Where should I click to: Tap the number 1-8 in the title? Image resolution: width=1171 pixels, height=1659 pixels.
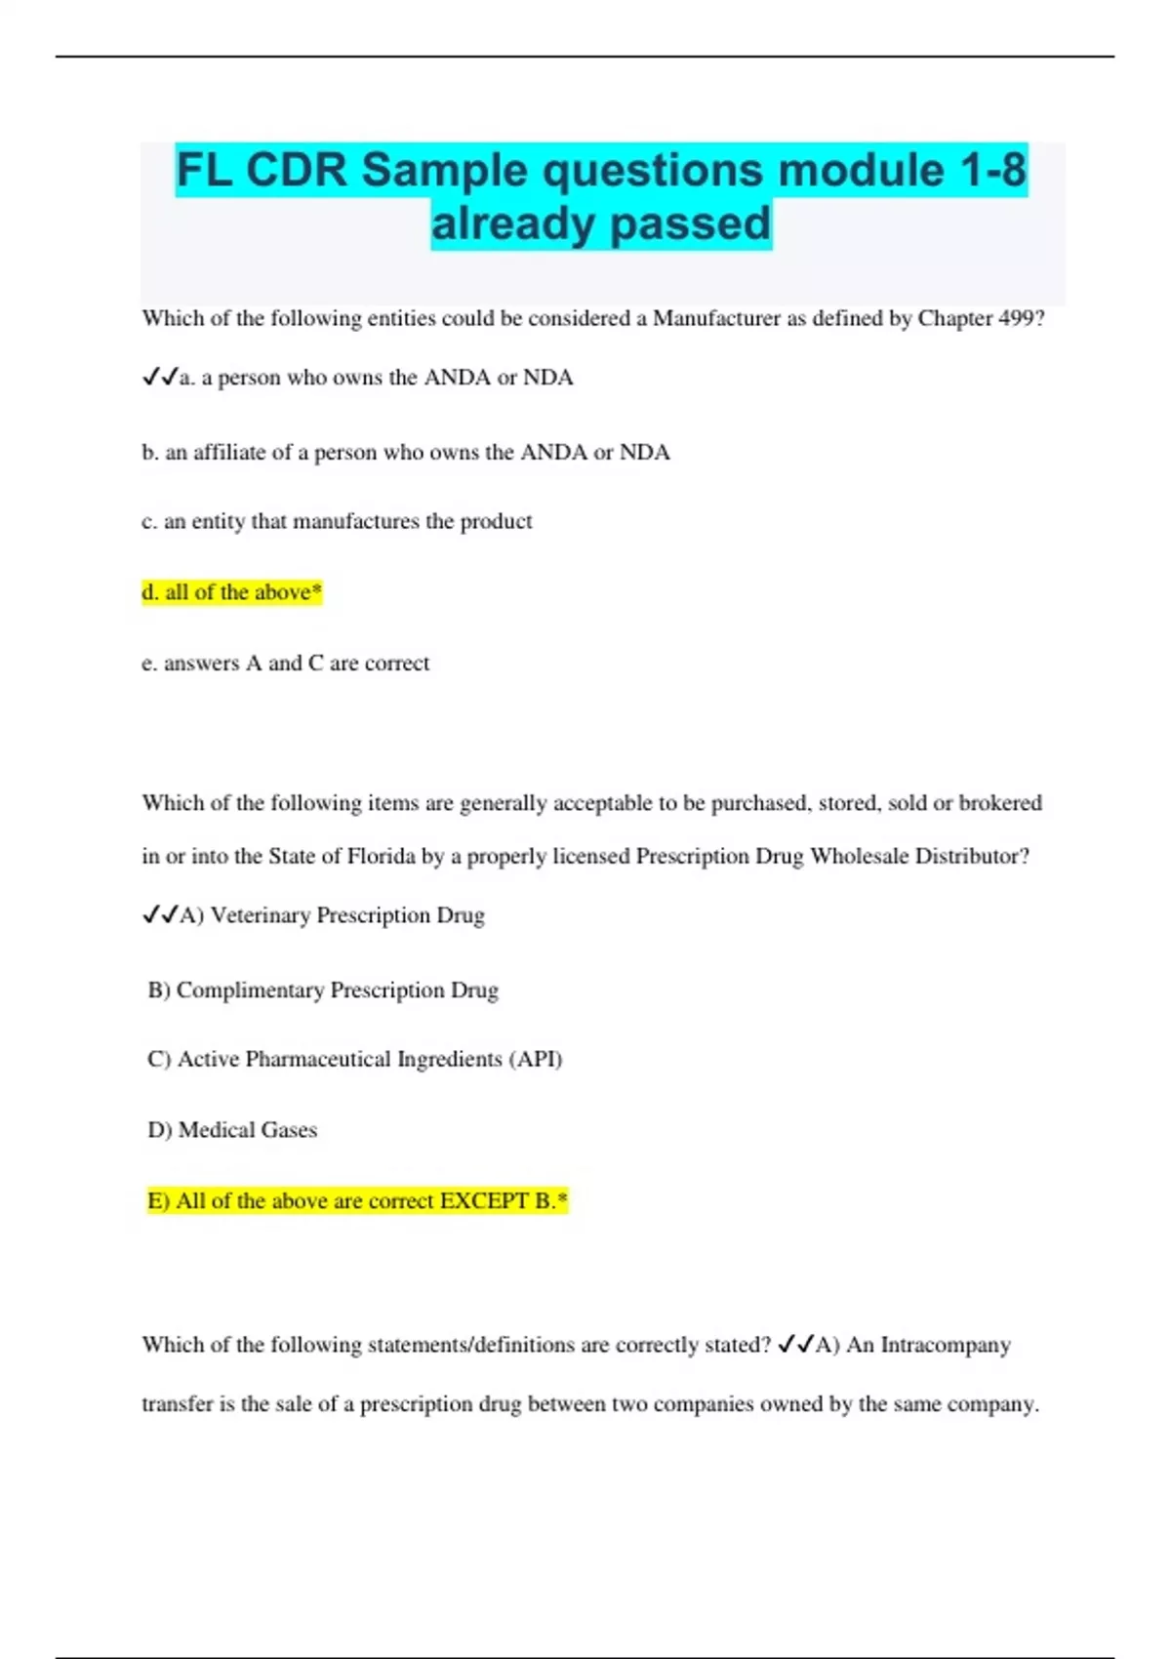[992, 170]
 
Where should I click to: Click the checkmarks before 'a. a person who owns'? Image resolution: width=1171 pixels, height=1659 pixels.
[160, 378]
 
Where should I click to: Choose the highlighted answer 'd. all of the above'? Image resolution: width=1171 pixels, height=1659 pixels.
[231, 592]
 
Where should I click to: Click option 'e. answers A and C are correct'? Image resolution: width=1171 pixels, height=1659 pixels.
[285, 664]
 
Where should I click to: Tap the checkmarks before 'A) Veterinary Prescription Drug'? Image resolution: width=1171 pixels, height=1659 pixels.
[160, 915]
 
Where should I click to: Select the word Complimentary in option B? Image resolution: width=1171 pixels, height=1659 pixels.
[250, 991]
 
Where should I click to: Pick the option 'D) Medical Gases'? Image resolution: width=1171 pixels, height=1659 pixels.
[232, 1130]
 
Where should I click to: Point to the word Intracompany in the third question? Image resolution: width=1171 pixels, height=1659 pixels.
[945, 1345]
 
